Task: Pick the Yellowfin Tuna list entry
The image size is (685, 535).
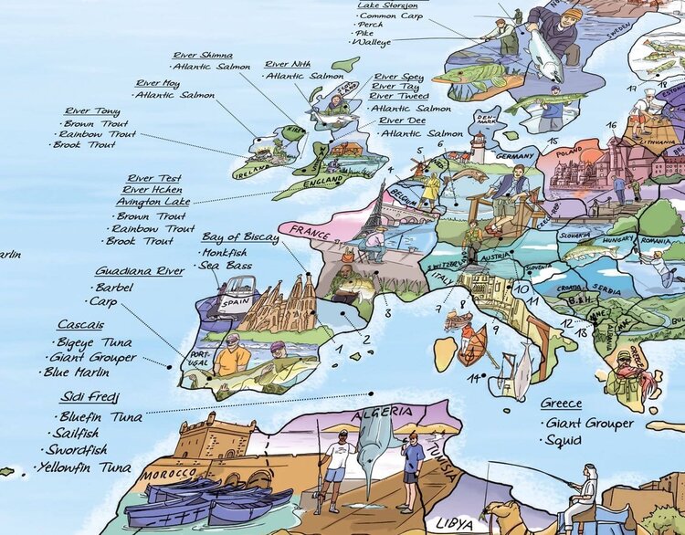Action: pos(84,467)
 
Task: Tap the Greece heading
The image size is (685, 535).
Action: pos(561,404)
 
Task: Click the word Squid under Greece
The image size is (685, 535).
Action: pos(563,440)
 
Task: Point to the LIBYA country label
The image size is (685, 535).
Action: pos(455,524)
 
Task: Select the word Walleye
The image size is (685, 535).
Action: pos(374,42)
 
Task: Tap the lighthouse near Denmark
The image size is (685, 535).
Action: pos(477,146)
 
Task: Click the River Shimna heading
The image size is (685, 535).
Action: pos(203,55)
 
